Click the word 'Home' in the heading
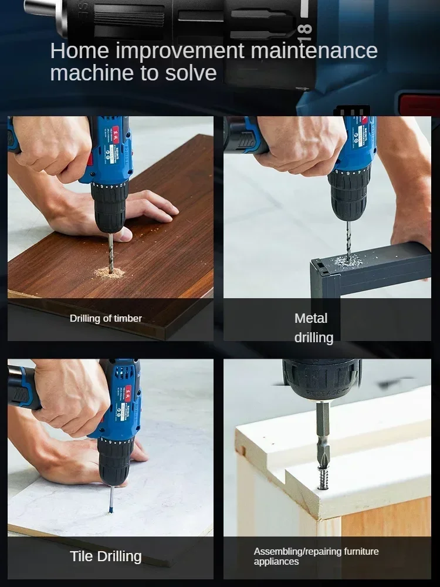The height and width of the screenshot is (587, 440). click(79, 51)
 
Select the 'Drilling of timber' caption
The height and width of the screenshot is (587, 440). click(106, 318)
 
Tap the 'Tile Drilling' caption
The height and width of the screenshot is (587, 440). click(106, 556)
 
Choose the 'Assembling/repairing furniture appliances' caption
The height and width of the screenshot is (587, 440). click(316, 556)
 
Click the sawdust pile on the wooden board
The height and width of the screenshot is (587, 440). click(110, 273)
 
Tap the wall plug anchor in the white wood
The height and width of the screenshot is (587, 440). click(324, 477)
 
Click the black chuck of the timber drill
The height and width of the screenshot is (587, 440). click(110, 205)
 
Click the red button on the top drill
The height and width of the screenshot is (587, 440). click(419, 104)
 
